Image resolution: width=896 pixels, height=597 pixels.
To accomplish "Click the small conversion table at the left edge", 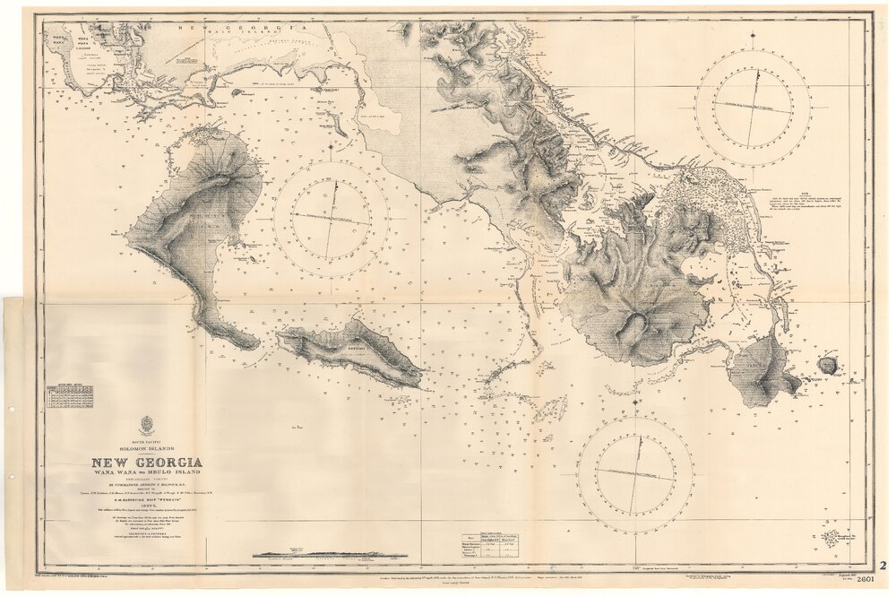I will pyautogui.click(x=71, y=394).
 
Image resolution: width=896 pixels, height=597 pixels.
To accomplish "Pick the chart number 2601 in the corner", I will pyautogui.click(x=866, y=580).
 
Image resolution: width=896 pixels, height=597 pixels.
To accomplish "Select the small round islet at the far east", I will pyautogui.click(x=828, y=364).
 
